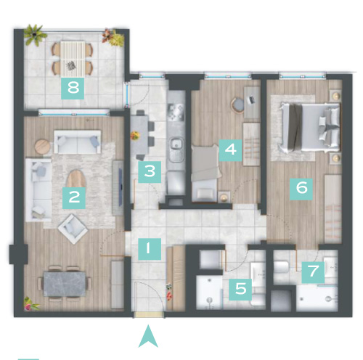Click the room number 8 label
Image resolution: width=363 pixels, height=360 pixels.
(x=73, y=89)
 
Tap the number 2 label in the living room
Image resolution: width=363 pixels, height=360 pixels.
(x=74, y=198)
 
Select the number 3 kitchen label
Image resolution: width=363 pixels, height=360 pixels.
(x=150, y=172)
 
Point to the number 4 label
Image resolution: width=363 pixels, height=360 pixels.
(x=230, y=150)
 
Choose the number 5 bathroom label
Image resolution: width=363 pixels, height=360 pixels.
(x=240, y=290)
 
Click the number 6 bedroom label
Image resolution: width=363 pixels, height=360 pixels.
(x=301, y=189)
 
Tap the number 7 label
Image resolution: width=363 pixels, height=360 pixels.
(x=313, y=272)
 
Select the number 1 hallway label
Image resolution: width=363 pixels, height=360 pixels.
(x=150, y=249)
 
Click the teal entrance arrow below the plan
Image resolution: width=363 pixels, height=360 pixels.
(x=148, y=337)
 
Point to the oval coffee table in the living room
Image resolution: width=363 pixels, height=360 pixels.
(x=76, y=179)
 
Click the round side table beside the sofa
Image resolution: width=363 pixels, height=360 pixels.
(x=43, y=147)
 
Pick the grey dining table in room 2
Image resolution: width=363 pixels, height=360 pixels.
(x=65, y=284)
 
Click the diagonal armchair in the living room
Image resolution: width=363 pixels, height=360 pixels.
(x=73, y=229)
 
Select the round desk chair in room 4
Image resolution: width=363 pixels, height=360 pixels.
(x=237, y=105)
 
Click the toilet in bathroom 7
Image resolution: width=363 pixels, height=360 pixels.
(x=281, y=267)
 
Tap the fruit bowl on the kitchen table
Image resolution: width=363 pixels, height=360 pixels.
(x=135, y=136)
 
